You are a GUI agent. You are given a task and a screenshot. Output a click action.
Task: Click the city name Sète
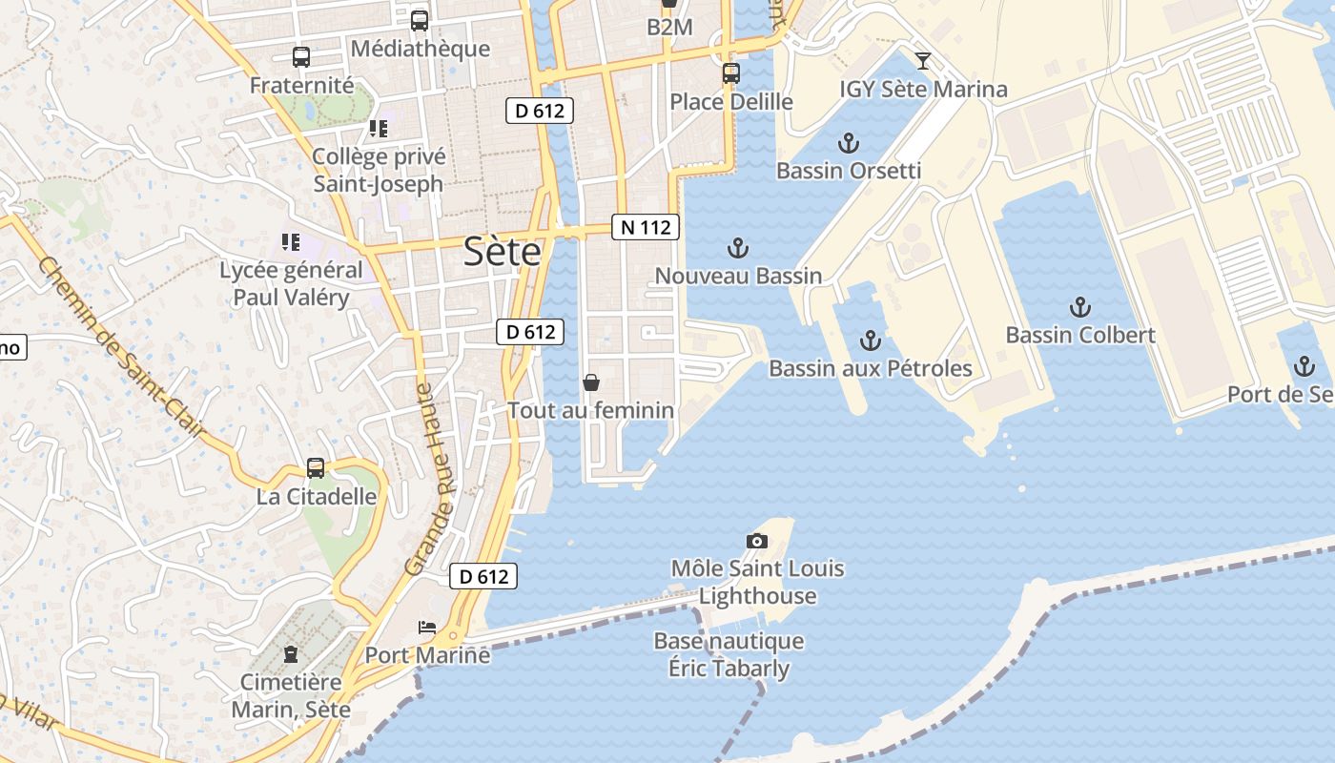point(503,252)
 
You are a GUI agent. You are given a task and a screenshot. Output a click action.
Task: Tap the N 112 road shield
point(646,227)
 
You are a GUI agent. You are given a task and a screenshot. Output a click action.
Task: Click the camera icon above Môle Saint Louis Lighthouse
point(756,541)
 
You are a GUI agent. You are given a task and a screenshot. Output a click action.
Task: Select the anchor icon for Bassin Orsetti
point(848,143)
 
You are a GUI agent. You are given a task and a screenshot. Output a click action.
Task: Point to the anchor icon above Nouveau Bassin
point(737,248)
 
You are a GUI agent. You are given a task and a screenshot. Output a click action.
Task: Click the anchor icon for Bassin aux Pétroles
point(870,340)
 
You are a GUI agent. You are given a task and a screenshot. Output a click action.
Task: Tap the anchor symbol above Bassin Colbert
point(1079,307)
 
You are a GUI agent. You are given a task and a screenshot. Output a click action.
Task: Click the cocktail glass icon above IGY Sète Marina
point(922,61)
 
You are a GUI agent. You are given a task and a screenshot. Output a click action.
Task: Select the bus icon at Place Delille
point(730,72)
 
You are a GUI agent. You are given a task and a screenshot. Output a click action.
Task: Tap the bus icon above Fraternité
point(301,57)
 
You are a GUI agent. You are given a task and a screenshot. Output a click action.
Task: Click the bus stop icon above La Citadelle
point(316,468)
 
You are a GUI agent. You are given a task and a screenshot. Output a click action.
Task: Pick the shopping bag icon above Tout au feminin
point(591,382)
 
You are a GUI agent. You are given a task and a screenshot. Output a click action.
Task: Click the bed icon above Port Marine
point(427,627)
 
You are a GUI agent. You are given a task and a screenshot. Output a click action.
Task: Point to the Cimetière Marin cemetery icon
point(291,654)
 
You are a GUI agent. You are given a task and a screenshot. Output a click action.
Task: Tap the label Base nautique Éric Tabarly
point(729,654)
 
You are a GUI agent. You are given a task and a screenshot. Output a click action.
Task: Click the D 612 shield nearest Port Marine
point(483,576)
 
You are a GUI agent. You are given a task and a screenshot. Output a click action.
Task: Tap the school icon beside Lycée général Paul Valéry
point(291,242)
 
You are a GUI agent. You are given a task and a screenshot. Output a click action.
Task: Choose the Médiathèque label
point(421,49)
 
